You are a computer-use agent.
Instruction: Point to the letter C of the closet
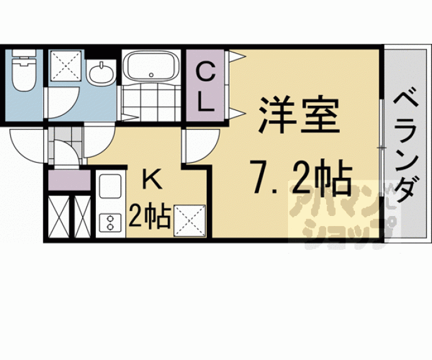[x=205, y=73]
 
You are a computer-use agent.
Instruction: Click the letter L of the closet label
[x=205, y=103]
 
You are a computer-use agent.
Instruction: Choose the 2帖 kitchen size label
[x=150, y=217]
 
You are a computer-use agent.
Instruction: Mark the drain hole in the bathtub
[x=150, y=75]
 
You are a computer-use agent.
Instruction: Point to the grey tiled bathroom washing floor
[x=150, y=99]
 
